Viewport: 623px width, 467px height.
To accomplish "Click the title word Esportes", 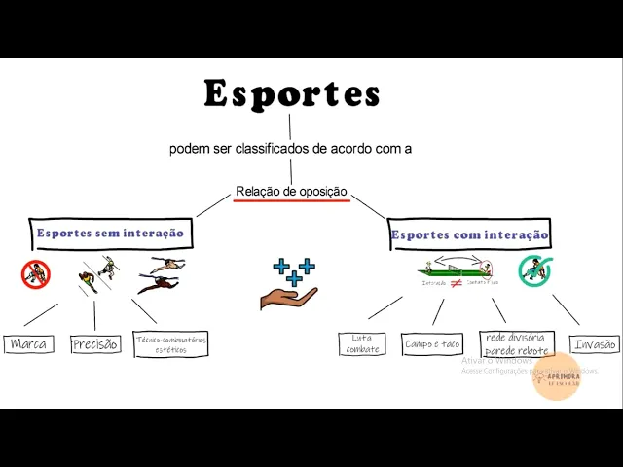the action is point(291,94).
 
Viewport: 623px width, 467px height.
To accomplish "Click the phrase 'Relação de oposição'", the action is point(291,192).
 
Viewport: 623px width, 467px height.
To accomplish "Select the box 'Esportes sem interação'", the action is point(110,233).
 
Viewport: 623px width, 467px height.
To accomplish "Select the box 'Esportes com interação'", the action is point(469,234).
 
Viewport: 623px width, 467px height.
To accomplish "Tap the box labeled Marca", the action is point(29,343).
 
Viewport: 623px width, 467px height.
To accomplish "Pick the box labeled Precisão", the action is point(95,343).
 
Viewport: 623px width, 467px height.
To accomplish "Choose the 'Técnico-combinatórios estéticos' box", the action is point(170,343).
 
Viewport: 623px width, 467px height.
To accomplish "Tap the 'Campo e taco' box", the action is point(432,343).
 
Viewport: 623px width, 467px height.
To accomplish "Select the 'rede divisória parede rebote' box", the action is point(517,343).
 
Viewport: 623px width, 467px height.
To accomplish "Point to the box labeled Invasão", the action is point(595,343).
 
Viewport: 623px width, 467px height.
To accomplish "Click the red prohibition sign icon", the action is point(35,274).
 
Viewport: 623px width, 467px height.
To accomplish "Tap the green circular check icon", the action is point(534,270).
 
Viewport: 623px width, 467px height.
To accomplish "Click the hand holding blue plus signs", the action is point(290,284).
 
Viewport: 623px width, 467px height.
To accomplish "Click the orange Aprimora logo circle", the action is point(557,376).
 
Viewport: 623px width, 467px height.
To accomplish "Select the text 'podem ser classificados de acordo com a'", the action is point(290,149).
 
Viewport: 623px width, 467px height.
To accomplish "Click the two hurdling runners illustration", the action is point(162,274).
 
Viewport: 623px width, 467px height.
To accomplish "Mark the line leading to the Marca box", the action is point(41,314).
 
